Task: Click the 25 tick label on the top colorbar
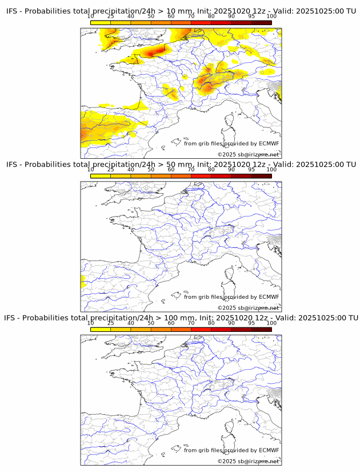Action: click(111, 16)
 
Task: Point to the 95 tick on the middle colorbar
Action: click(251, 170)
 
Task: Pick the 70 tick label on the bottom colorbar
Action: click(191, 323)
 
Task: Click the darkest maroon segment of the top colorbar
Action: click(261, 22)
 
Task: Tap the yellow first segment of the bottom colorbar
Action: click(101, 330)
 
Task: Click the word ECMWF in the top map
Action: click(269, 143)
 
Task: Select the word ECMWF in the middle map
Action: click(269, 297)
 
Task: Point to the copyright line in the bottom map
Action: click(248, 461)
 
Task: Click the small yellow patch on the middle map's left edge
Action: click(83, 280)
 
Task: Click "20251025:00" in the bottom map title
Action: click(323, 318)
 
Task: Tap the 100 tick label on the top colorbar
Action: click(271, 16)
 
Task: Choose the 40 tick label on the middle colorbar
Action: click(131, 170)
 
